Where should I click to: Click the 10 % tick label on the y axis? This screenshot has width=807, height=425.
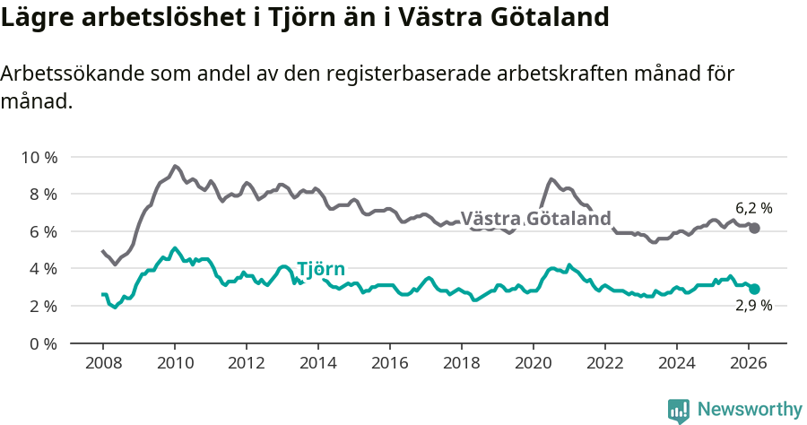(39, 157)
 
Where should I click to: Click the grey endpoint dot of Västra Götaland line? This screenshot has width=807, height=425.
(755, 229)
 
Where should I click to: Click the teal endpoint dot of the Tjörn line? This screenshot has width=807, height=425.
(755, 289)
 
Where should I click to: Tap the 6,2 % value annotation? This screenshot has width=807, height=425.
(753, 208)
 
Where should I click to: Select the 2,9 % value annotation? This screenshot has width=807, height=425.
(753, 307)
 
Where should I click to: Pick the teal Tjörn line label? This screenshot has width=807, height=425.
(320, 270)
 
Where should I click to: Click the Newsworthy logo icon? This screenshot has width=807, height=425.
(679, 411)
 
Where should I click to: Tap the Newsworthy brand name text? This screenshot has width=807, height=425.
(750, 410)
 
